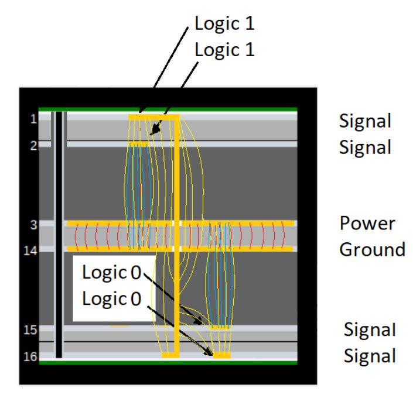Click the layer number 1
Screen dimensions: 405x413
33,119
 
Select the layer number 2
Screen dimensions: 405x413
33,145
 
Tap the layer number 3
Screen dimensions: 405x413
33,224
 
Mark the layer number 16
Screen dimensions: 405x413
30,355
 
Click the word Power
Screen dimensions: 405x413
367,224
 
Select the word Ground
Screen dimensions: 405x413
373,250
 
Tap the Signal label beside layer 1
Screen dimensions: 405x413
365,122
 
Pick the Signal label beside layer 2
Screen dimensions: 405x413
365,147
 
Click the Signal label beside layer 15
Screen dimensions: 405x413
370,330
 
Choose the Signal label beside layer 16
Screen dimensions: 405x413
370,355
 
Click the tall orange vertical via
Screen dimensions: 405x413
176,234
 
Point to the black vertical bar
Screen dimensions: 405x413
59,234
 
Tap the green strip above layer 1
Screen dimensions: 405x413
168,109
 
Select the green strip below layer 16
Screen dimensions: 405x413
168,362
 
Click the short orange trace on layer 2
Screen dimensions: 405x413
138,144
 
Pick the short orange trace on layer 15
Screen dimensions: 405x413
220,327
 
